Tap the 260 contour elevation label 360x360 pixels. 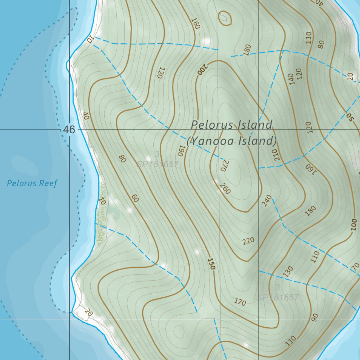[225, 188]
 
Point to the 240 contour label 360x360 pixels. [266, 200]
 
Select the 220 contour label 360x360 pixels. [248, 241]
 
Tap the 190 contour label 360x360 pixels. [181, 150]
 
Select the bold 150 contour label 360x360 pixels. [211, 264]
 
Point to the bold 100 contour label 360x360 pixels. [354, 224]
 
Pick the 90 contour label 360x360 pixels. [315, 317]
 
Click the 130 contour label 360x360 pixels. [288, 271]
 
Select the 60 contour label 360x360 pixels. [135, 198]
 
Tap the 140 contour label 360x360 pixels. [291, 79]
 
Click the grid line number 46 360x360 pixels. [69, 130]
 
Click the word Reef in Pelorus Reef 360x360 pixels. [50, 183]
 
